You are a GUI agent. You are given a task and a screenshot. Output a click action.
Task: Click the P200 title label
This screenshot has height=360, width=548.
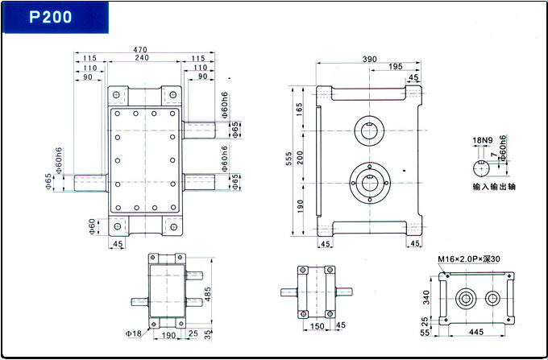tap(51, 17)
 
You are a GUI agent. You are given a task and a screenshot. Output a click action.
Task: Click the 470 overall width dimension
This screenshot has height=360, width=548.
tap(140, 50)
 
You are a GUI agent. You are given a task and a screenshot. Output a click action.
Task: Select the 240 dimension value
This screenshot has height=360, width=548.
tap(143, 58)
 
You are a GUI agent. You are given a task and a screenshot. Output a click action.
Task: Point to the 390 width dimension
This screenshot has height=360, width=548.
tap(370, 59)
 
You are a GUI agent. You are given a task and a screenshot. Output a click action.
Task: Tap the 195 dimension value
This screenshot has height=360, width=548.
tap(396, 66)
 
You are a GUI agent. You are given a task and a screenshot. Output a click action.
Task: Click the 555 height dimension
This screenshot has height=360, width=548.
tap(289, 159)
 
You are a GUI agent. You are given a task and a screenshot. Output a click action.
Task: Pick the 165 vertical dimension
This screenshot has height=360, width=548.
tap(301, 109)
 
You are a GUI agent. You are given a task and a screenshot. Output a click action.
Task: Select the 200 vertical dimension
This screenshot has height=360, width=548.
tap(301, 157)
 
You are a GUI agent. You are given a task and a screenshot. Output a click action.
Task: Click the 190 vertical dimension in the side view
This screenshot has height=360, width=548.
tap(301, 206)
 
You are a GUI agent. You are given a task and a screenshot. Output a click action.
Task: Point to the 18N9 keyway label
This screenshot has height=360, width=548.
tap(483, 140)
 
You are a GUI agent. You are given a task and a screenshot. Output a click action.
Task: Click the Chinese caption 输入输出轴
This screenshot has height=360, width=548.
tap(494, 187)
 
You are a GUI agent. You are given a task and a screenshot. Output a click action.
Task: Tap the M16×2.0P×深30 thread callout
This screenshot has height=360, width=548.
tap(469, 259)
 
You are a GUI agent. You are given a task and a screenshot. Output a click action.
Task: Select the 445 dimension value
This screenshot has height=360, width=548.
tap(476, 331)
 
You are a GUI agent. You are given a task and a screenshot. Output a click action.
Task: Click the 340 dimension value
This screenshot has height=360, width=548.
tap(426, 297)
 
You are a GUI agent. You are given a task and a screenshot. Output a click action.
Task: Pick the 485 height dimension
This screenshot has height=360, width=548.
tap(208, 294)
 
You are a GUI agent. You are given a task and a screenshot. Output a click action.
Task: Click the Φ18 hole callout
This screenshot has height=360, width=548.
tap(134, 333)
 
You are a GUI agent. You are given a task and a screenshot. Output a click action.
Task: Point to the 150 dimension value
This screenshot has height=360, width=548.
tap(318, 326)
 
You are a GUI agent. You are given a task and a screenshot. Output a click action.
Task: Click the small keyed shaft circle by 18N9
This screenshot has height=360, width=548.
tap(482, 168)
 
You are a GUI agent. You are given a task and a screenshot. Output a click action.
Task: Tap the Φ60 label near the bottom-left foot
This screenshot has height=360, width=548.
tap(93, 226)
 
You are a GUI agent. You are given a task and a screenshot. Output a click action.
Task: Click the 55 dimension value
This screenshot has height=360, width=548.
tap(425, 333)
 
